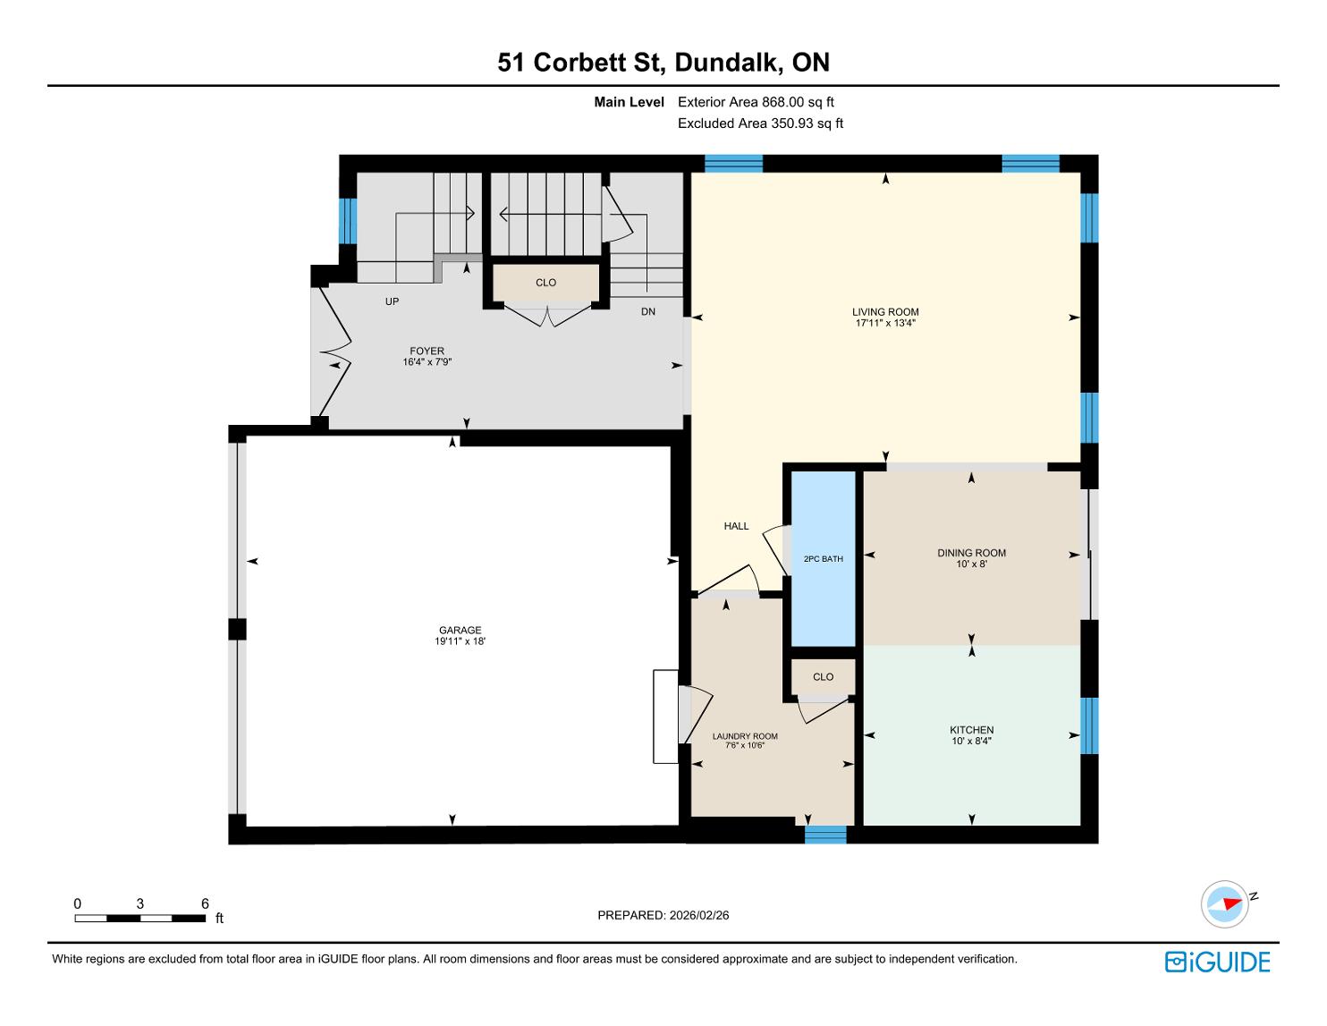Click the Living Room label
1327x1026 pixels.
[885, 312]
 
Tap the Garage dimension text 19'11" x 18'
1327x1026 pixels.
[460, 641]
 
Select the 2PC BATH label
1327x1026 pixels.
[824, 559]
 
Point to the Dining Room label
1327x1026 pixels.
[971, 553]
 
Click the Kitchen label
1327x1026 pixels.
[971, 730]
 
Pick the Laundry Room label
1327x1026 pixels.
[744, 736]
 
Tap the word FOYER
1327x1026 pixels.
[427, 352]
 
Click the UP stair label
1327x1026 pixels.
[392, 301]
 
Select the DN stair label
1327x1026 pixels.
[648, 311]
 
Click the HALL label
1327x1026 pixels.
[736, 526]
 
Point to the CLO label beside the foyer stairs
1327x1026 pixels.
[545, 283]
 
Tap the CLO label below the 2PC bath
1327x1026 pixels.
[823, 676]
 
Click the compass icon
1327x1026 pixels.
[1224, 904]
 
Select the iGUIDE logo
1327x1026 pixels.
[1217, 962]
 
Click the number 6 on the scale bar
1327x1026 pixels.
[205, 903]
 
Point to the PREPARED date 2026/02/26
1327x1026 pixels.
[698, 915]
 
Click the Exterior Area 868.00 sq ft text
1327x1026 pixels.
[756, 102]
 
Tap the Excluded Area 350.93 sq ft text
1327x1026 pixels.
[760, 123]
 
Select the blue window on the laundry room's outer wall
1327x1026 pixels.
[825, 835]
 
